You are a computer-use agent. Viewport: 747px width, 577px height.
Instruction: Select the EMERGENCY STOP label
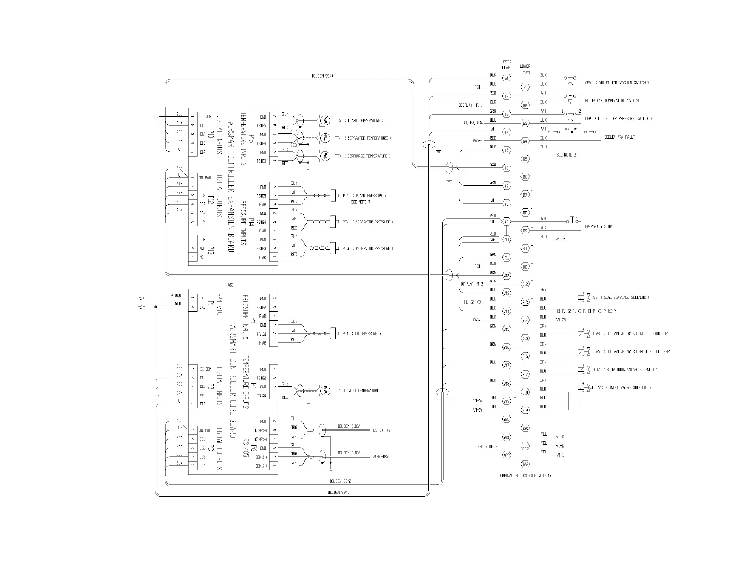pyautogui.click(x=598, y=227)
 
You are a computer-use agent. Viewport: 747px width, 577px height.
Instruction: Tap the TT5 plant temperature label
pyautogui.click(x=359, y=121)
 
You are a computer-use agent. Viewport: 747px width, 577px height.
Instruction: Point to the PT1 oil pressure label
pyautogui.click(x=362, y=334)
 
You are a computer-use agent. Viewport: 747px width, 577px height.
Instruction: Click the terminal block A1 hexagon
pyautogui.click(x=506, y=78)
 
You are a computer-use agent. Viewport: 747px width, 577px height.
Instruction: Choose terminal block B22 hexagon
pyautogui.click(x=525, y=464)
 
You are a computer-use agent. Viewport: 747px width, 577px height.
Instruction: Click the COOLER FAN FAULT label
pyautogui.click(x=620, y=137)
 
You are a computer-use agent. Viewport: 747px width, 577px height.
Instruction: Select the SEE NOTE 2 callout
pyautogui.click(x=566, y=155)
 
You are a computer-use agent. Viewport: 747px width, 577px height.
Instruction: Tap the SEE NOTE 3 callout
pyautogui.click(x=487, y=446)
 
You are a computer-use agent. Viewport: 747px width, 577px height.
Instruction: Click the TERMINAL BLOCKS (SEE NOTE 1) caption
pyautogui.click(x=524, y=476)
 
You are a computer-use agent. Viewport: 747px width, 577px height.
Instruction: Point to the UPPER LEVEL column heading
pyautogui.click(x=506, y=65)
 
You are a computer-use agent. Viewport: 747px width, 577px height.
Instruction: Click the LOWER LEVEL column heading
pyautogui.click(x=525, y=70)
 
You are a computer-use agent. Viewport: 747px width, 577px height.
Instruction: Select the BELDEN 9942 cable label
pyautogui.click(x=340, y=481)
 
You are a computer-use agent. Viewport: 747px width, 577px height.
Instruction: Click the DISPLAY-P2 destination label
pyautogui.click(x=382, y=430)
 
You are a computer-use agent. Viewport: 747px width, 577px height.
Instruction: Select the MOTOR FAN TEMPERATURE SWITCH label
pyautogui.click(x=612, y=101)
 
